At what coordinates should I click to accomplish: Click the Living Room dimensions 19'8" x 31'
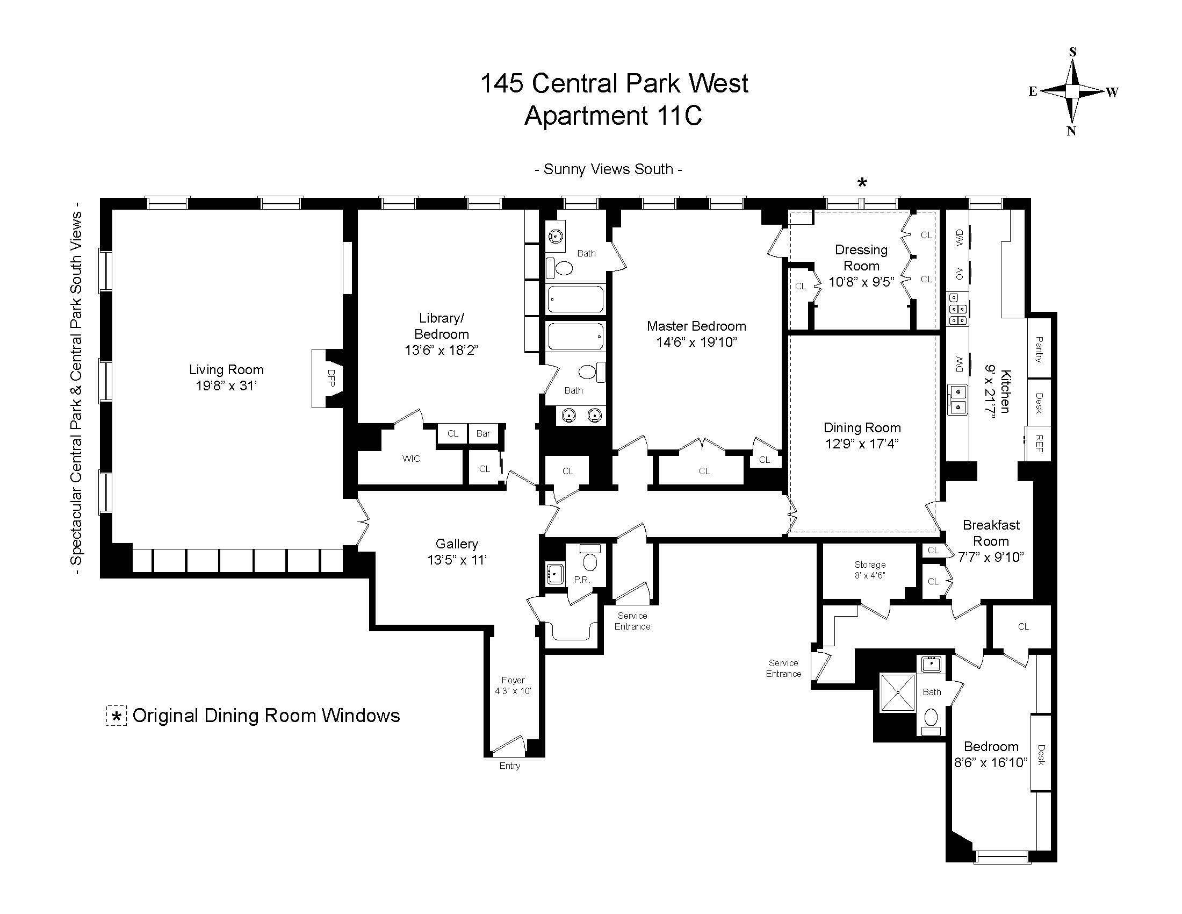click(226, 386)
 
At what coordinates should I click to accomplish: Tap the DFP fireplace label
click(330, 377)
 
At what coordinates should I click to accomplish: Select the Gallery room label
click(457, 544)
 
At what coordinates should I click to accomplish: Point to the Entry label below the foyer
click(509, 766)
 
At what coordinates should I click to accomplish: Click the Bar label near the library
click(483, 433)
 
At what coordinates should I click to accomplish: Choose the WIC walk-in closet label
click(411, 459)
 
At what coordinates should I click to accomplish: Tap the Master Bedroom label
click(696, 326)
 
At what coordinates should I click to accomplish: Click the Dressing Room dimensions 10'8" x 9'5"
click(861, 282)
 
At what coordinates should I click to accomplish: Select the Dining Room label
click(862, 427)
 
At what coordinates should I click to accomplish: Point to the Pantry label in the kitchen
click(1039, 349)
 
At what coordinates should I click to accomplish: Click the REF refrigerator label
click(1039, 443)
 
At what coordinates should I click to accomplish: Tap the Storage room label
click(870, 565)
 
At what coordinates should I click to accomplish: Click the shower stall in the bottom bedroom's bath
click(897, 692)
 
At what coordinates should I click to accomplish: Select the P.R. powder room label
click(581, 580)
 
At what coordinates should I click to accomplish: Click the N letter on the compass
click(1071, 131)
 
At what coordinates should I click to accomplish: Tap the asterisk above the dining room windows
click(862, 183)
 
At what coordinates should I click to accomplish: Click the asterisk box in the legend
click(117, 716)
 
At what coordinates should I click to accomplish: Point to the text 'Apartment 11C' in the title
click(613, 116)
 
